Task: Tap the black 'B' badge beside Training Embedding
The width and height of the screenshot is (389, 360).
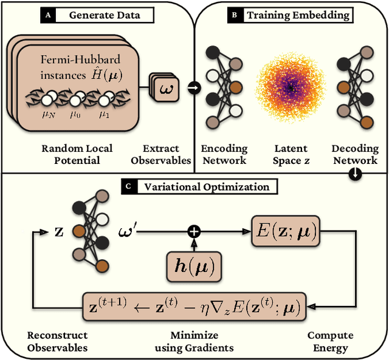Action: pyautogui.click(x=235, y=15)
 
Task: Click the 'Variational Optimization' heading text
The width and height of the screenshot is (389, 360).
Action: pyautogui.click(x=206, y=186)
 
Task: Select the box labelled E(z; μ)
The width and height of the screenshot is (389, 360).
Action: pyautogui.click(x=286, y=232)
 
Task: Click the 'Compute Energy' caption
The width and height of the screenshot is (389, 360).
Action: pyautogui.click(x=330, y=341)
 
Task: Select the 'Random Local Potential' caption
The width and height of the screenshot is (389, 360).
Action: pyautogui.click(x=77, y=154)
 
